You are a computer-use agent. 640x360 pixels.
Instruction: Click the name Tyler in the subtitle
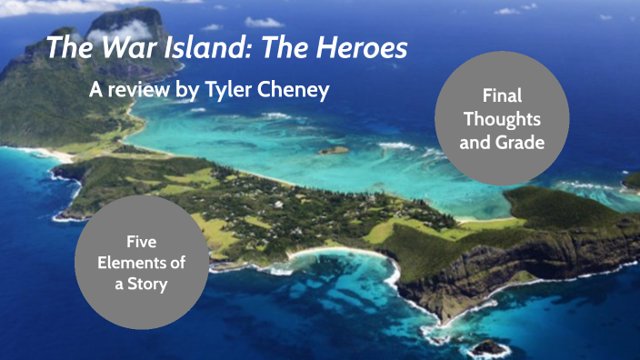click(239, 90)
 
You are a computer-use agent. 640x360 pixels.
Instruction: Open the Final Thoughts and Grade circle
click(502, 118)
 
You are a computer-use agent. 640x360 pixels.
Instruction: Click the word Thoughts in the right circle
click(502, 118)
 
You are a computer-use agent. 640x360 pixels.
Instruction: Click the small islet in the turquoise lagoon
click(333, 150)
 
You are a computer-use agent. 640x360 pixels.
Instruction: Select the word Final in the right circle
click(502, 96)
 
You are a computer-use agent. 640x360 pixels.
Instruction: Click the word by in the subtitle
click(197, 91)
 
